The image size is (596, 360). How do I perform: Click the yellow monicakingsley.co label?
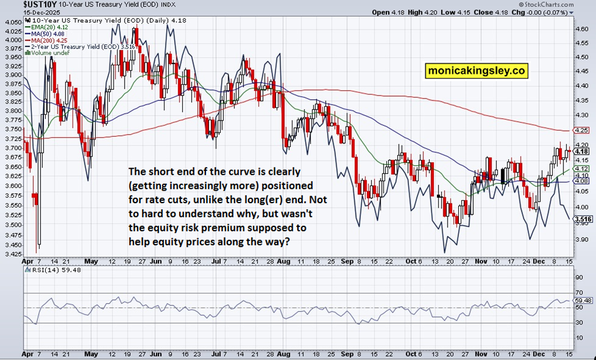(476, 71)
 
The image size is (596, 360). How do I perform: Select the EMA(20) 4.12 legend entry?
(46, 27)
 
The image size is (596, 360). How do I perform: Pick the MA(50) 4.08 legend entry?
(45, 34)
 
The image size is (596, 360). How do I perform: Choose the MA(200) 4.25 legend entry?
(46, 40)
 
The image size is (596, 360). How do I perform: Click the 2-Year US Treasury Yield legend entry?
(79, 46)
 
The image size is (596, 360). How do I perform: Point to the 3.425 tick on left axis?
(13, 254)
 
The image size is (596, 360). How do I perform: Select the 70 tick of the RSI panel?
(579, 293)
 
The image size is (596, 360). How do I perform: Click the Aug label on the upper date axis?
(284, 261)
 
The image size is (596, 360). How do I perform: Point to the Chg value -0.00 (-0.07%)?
(547, 12)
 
